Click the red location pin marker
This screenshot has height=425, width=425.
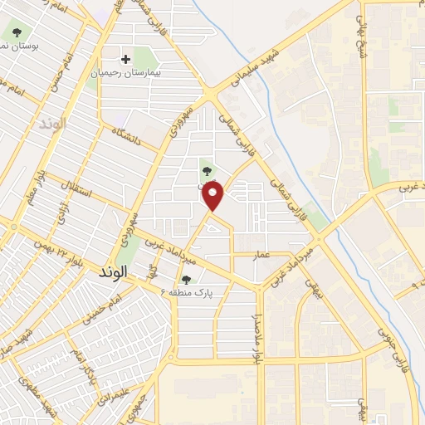click(x=214, y=198)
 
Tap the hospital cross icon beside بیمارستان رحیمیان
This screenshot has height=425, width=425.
click(x=125, y=59)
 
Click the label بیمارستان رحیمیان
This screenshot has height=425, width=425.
click(x=125, y=73)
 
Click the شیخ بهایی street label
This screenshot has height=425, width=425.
click(x=362, y=31)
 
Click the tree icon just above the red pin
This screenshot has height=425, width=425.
click(x=206, y=172)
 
